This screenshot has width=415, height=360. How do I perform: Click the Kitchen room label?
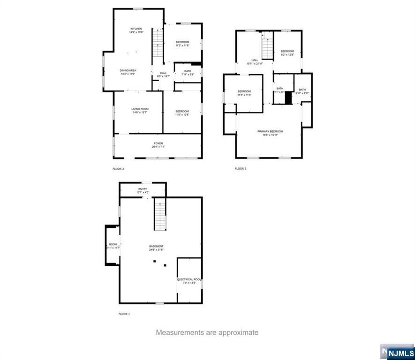coord(136,29)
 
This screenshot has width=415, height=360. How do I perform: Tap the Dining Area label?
coord(128,70)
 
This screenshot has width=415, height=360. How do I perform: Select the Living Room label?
coord(140,109)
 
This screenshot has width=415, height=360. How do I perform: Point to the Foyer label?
coord(158,143)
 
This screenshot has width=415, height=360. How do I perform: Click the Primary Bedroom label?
coord(270,131)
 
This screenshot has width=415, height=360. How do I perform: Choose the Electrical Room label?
coord(189,279)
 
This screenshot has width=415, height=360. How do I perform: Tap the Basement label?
coord(156,246)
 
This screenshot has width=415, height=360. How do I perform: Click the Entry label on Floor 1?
coord(143,189)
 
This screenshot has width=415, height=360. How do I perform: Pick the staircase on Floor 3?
coord(267,45)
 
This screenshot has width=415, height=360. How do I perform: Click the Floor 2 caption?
coord(118,169)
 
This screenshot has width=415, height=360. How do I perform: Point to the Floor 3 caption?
coord(240,169)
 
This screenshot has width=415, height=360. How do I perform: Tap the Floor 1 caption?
coord(124,314)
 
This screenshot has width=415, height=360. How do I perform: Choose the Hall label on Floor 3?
coord(255,60)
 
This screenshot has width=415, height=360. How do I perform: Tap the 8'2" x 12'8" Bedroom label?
coord(287,51)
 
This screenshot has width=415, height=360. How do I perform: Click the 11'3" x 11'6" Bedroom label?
coord(182,42)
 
